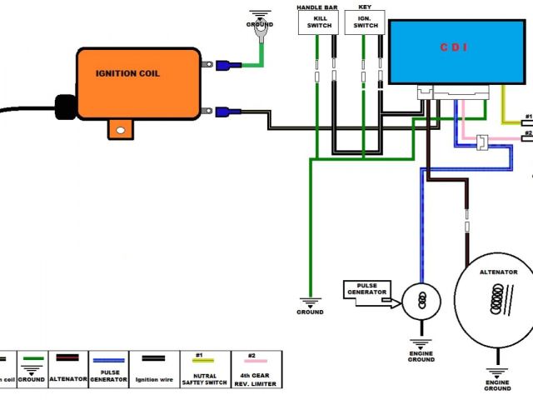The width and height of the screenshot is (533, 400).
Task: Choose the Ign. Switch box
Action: click(x=365, y=22)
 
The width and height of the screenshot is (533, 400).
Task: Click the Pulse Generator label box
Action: click(x=366, y=290)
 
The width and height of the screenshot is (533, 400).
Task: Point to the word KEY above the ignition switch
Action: click(x=364, y=7)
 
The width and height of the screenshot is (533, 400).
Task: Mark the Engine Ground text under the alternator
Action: click(x=497, y=385)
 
